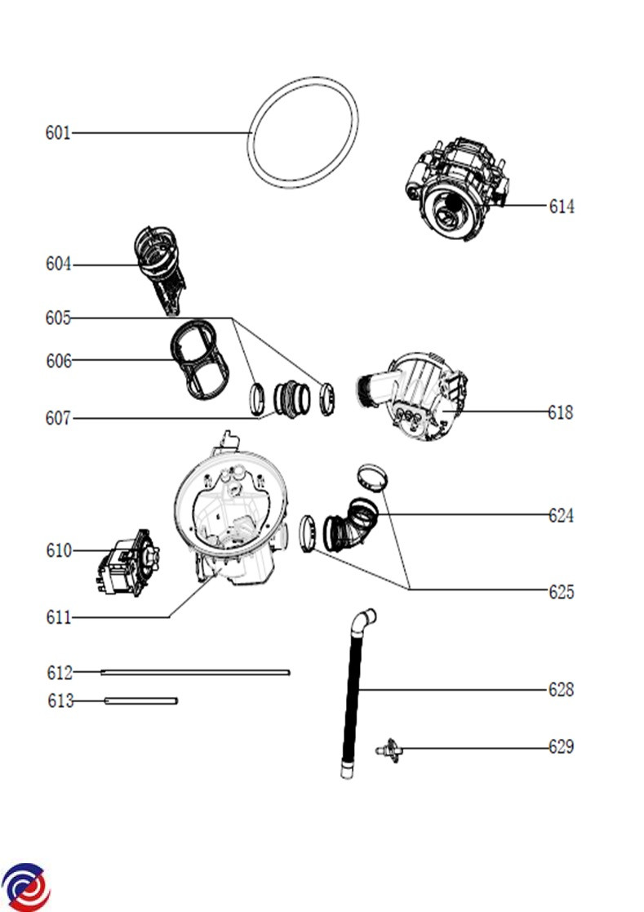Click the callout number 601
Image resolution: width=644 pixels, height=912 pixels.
57,132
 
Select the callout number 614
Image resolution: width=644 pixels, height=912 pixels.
561,207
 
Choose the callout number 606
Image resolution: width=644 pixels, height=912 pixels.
58,360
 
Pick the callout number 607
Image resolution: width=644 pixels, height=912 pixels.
58,419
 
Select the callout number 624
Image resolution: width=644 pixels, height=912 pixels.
561,516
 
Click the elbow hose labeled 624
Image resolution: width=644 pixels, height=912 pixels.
353,527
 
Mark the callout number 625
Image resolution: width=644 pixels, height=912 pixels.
561,592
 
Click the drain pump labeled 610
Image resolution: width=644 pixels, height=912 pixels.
126,561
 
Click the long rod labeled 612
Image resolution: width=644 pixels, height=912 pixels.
195,673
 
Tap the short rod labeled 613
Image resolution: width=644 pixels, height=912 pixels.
140,701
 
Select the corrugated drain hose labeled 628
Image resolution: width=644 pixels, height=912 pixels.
353,694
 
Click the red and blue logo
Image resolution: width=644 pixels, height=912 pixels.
26,886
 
